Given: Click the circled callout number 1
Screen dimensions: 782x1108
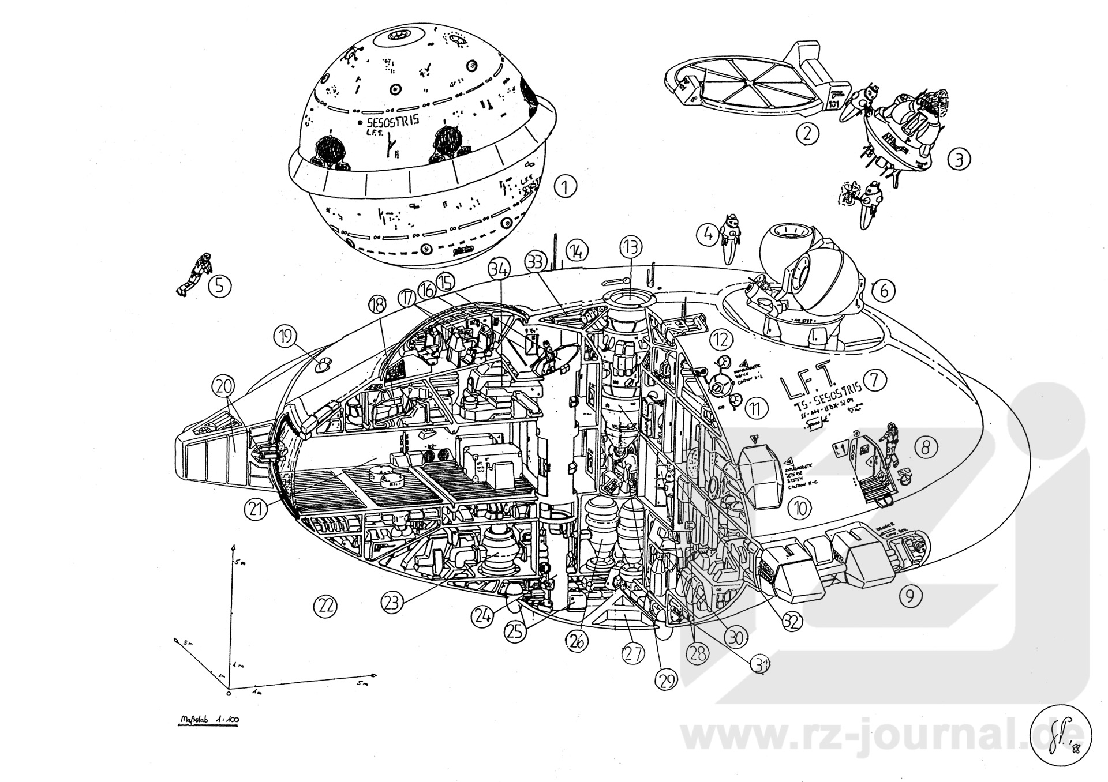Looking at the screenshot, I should (566, 186).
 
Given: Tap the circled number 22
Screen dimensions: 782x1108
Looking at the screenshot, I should (325, 606).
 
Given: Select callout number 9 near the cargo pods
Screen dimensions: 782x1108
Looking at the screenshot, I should (910, 596).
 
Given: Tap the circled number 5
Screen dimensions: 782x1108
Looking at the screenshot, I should (220, 286).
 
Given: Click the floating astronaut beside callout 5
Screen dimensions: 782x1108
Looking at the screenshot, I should (194, 274).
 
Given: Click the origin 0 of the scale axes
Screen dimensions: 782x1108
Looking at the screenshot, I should (229, 692).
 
